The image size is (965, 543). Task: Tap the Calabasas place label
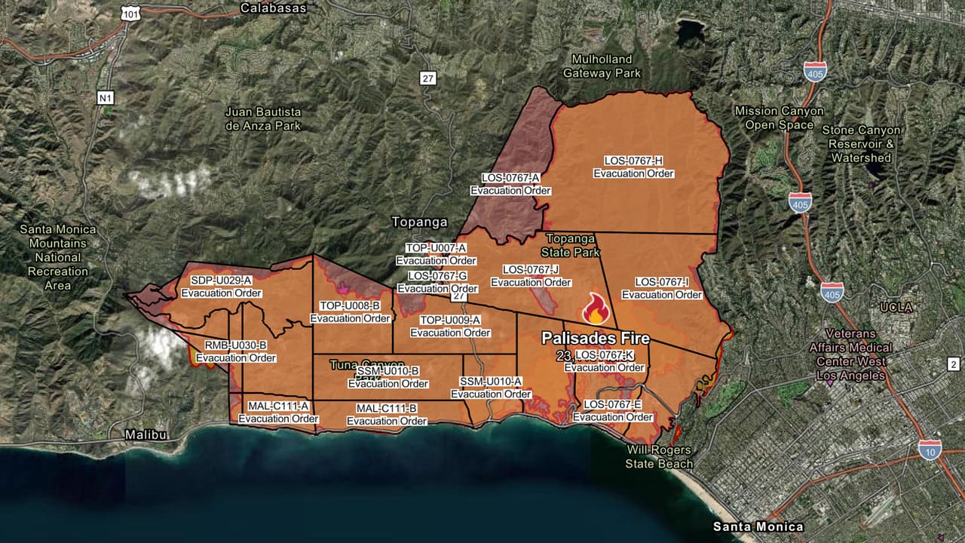pyautogui.click(x=273, y=8)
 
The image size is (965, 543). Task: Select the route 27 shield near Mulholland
pyautogui.click(x=428, y=78)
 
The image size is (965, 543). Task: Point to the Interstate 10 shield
pyautogui.click(x=930, y=449)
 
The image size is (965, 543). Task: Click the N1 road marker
pyautogui.click(x=106, y=97)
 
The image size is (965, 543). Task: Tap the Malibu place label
pyautogui.click(x=146, y=435)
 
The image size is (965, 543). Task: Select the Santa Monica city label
pyautogui.click(x=758, y=526)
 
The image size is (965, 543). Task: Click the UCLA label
pyautogui.click(x=896, y=308)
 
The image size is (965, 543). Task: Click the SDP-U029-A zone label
pyautogui.click(x=221, y=287)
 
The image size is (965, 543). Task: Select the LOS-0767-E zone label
pyautogui.click(x=612, y=410)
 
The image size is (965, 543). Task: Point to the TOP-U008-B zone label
pyautogui.click(x=350, y=312)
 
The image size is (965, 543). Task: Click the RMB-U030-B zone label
pyautogui.click(x=236, y=351)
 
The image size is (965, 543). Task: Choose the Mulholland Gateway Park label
pyautogui.click(x=602, y=66)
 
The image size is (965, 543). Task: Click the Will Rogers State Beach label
pyautogui.click(x=659, y=457)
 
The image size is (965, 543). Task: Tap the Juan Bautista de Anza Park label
pyautogui.click(x=263, y=118)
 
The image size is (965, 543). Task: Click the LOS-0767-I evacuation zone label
pyautogui.click(x=661, y=288)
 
